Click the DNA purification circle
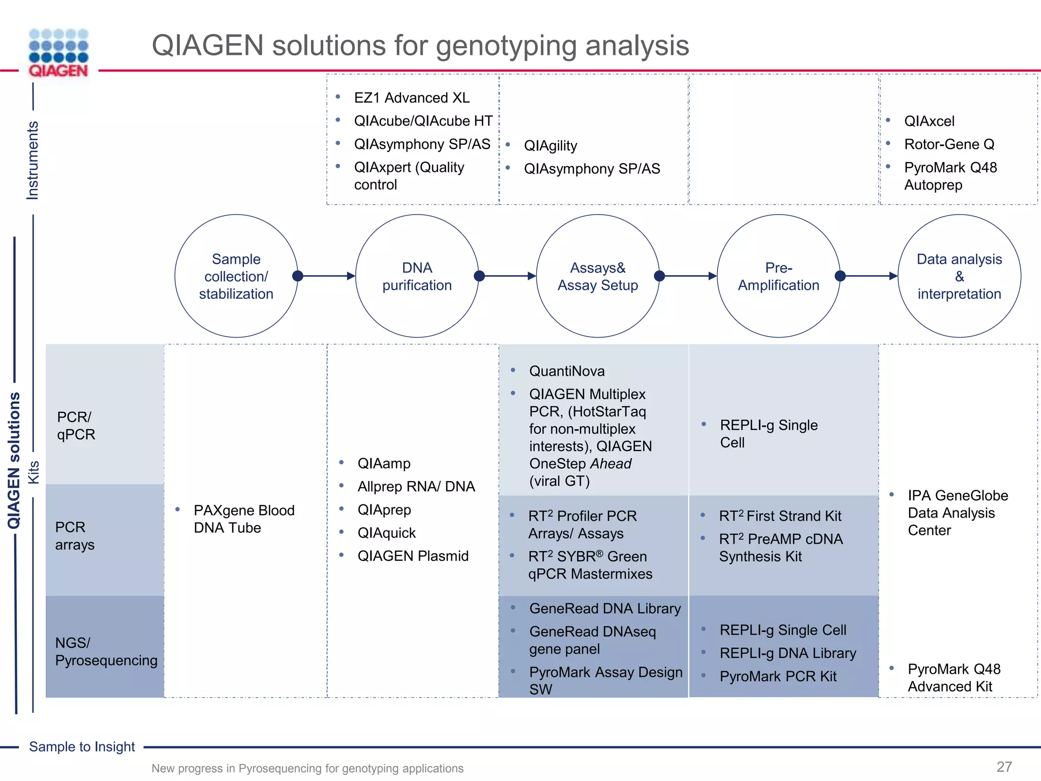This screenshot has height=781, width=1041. coord(417,276)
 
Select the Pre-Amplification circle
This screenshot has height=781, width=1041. coord(778,276)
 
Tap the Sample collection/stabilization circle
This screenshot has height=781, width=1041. coord(236,276)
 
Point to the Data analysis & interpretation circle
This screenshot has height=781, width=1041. coord(959,276)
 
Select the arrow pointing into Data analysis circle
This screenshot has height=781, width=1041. coord(869,276)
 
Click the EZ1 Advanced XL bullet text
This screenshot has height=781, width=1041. coord(411,98)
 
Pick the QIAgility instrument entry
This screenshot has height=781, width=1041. coord(550,146)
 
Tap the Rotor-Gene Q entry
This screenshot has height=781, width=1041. coord(949,144)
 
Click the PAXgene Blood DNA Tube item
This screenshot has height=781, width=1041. coord(244,519)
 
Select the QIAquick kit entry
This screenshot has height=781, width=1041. coord(386,533)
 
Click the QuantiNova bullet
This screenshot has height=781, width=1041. coord(567,371)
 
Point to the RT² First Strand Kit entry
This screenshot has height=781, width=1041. coord(780,516)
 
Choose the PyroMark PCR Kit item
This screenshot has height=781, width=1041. coord(778,676)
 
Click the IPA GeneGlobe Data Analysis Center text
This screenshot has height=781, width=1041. coord(957,513)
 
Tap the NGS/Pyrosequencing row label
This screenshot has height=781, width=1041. coord(106,651)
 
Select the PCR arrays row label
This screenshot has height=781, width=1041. coord(75,536)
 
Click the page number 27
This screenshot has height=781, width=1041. coord(1004,767)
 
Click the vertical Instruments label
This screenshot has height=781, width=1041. coord(33,160)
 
